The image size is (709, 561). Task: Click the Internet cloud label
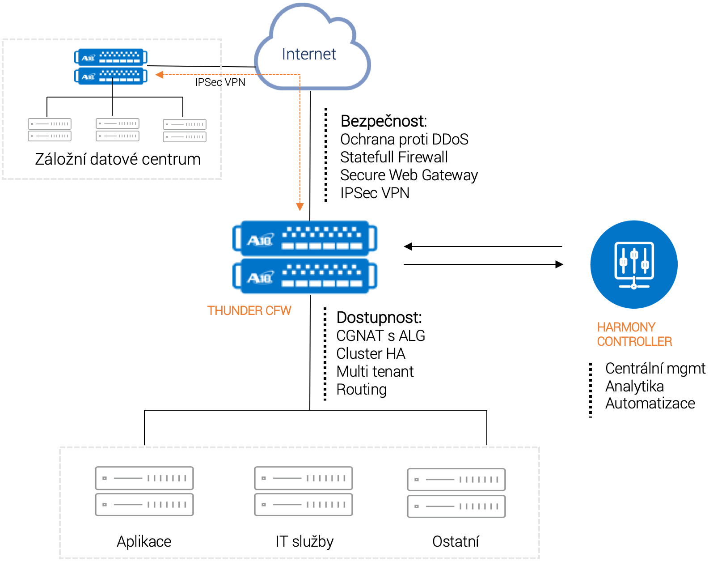pos(308,54)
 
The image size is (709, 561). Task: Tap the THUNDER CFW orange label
pos(249,310)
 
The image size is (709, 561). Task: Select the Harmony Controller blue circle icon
pos(633,264)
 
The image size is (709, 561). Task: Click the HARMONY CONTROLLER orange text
pos(634,334)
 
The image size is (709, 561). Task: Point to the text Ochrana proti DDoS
pos(404,140)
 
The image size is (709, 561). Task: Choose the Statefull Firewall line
pos(394,157)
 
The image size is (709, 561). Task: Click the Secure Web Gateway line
pos(409,175)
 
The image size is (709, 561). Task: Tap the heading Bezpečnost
pos(384,121)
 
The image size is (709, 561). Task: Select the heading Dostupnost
pos(379,318)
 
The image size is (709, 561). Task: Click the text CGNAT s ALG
pos(380,336)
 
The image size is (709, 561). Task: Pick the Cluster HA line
pos(371,353)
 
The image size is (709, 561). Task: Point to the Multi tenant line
pos(375,371)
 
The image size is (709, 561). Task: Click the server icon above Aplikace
pos(144,491)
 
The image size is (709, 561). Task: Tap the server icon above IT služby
pos(303,491)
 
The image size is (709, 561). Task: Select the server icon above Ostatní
pos(456,493)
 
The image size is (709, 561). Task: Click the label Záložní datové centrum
pos(118,159)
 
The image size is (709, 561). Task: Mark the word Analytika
pos(634,386)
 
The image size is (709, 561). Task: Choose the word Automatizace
pos(650,404)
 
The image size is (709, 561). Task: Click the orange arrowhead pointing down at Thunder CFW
pos(300,206)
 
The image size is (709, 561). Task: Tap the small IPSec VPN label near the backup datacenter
pos(220,82)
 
